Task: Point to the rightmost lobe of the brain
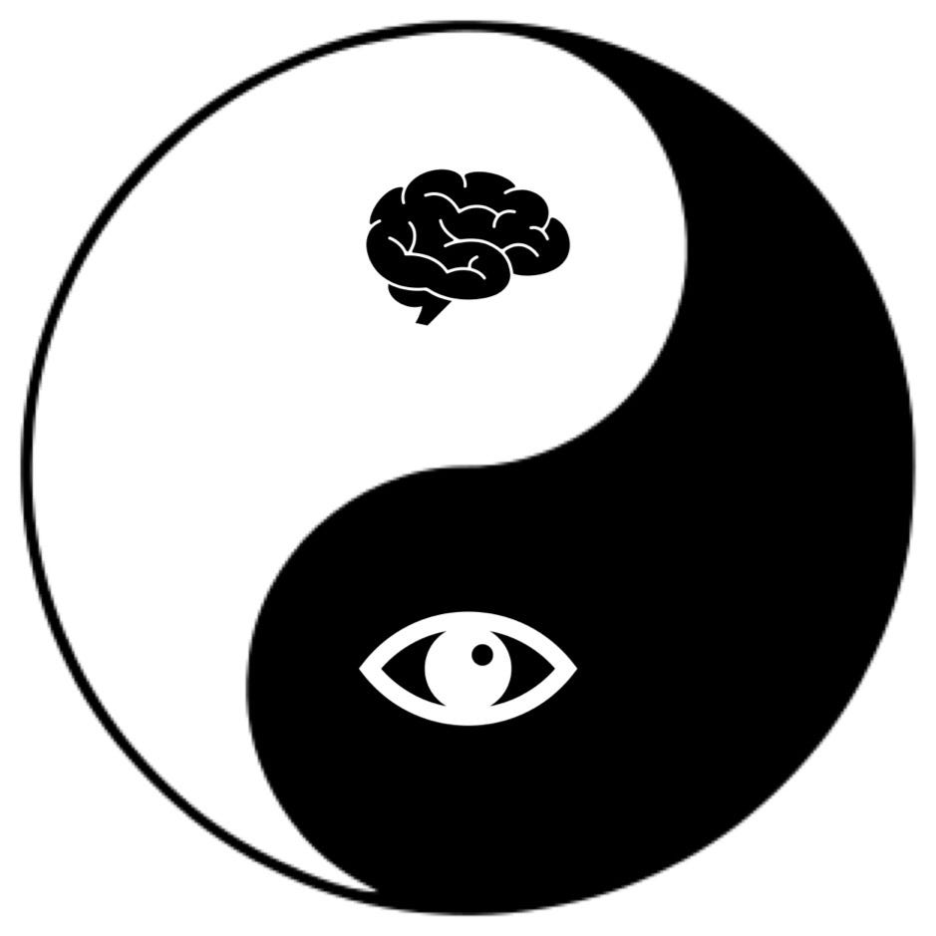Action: click(554, 239)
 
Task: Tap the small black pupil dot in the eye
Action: click(482, 655)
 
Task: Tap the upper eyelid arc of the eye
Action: click(468, 619)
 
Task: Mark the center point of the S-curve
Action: click(468, 467)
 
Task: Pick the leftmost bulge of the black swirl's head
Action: click(249, 688)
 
